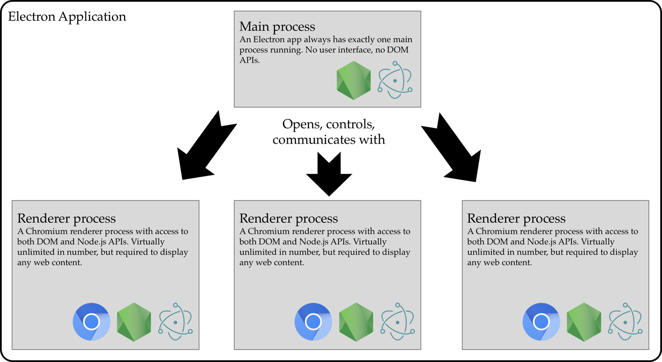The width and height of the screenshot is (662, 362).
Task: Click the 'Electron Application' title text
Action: pos(67,17)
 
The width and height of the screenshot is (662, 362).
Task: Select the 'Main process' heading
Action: pos(277,26)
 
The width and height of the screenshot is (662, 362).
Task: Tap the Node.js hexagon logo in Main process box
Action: pos(354,81)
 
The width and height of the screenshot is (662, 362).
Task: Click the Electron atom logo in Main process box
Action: pos(395,81)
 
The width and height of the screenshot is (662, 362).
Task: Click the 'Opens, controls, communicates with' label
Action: pos(329,131)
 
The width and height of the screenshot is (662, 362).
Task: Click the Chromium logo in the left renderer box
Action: pos(91,321)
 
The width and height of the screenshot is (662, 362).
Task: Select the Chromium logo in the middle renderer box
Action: pos(313,321)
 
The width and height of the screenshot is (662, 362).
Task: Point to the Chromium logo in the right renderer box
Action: pos(541,321)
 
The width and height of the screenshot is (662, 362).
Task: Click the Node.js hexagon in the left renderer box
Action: pos(134,322)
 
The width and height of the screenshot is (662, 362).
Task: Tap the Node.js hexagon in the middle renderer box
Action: pos(356,322)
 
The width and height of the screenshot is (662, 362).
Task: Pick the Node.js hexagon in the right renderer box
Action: pos(584,322)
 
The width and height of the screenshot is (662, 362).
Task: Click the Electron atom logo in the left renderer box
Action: pos(176,321)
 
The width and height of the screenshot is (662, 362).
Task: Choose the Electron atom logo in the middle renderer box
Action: pos(398,321)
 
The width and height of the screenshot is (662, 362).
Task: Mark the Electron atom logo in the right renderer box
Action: pos(626,321)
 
